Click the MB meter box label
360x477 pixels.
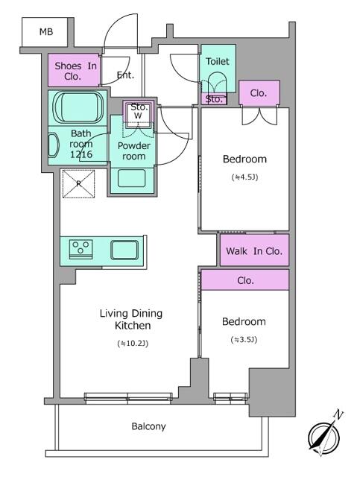point(46,31)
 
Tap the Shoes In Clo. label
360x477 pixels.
point(75,72)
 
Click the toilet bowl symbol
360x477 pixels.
point(216,83)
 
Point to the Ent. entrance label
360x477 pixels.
point(125,75)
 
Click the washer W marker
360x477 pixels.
point(138,116)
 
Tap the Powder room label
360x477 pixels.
point(134,151)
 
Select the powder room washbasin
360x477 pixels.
point(131,178)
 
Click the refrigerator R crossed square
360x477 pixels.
point(78,184)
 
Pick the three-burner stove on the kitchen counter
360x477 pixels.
point(80,249)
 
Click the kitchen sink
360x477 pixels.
point(124,250)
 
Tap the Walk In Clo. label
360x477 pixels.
point(254,251)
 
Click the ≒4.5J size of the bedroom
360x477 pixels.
point(244,177)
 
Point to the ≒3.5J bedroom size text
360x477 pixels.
point(244,340)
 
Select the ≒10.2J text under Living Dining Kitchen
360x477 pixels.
point(133,344)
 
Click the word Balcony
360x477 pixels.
point(148,426)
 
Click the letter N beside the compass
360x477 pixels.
point(338,414)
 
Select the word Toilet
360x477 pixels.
point(218,61)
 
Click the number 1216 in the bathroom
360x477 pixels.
point(81,154)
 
